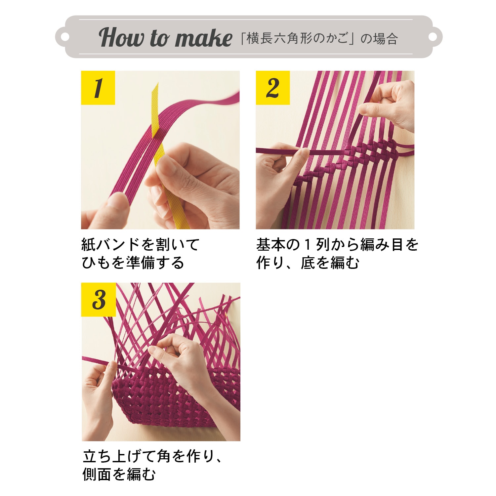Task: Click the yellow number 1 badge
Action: [x=98, y=88]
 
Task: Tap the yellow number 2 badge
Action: [x=273, y=88]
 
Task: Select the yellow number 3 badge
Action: [x=99, y=300]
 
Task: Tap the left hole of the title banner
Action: [x=65, y=37]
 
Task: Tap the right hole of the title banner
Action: [x=433, y=37]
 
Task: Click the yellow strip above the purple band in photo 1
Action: [x=155, y=111]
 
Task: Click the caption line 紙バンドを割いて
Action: [x=140, y=245]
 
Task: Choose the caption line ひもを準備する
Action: [x=133, y=263]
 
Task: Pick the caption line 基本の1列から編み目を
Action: [x=337, y=245]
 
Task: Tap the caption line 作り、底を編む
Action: [x=308, y=263]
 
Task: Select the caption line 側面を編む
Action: [x=119, y=475]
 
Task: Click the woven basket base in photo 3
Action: [x=175, y=400]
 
